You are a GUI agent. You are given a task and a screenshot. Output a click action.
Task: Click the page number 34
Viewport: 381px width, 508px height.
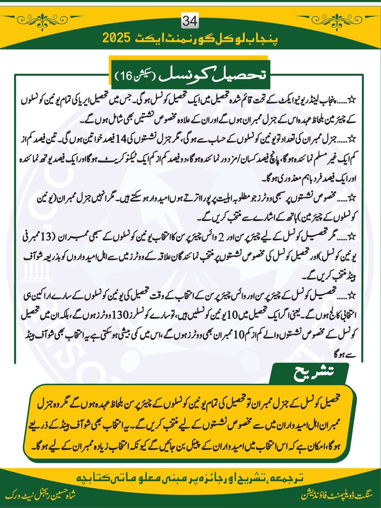point(190,21)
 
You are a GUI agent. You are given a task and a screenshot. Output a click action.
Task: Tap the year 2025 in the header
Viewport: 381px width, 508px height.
point(117,38)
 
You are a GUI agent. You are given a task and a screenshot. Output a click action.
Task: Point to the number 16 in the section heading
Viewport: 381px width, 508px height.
point(126,75)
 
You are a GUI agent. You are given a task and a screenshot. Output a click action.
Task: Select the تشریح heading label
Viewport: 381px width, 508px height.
point(313,373)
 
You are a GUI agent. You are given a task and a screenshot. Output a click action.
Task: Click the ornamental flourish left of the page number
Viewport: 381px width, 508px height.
point(42,18)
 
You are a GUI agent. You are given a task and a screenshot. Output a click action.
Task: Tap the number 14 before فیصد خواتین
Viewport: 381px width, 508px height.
point(121,139)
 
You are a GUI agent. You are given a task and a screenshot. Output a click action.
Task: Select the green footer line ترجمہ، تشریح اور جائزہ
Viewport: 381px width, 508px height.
point(190,478)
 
